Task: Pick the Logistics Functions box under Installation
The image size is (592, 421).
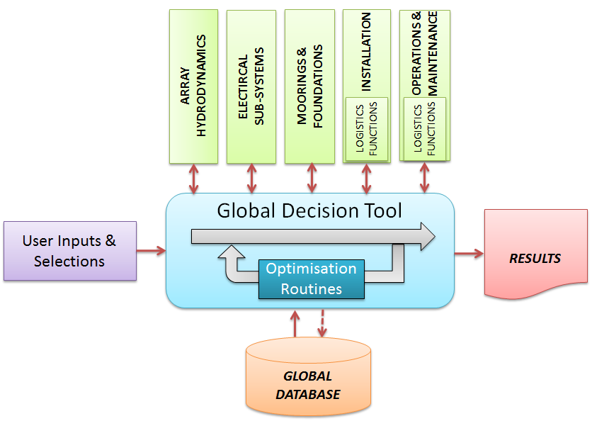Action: point(367,130)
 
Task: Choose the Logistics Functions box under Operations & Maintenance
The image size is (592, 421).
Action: point(425,130)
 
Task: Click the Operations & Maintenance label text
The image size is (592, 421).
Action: point(425,52)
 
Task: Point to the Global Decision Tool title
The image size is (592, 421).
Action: point(309,211)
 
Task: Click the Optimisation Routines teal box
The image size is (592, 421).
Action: point(311,279)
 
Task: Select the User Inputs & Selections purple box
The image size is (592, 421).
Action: point(69,251)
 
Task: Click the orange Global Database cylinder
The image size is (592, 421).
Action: point(308,376)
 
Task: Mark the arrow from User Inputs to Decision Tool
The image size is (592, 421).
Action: point(151,249)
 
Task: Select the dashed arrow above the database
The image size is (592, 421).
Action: point(323,322)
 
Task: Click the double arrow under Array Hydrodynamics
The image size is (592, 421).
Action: point(194,178)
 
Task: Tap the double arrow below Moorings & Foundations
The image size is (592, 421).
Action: point(311,178)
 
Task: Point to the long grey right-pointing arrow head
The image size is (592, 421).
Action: point(427,236)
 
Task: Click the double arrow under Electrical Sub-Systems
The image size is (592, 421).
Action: point(251,178)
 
